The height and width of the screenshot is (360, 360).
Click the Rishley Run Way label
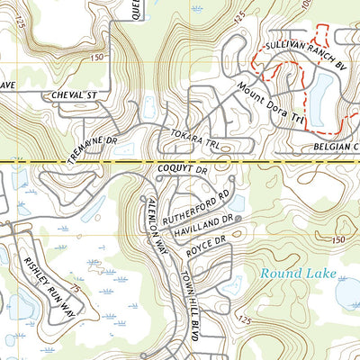[x=49, y=281]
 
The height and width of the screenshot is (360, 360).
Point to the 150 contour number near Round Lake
[x=337, y=238]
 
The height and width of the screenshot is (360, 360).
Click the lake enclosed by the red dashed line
[x=320, y=90]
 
